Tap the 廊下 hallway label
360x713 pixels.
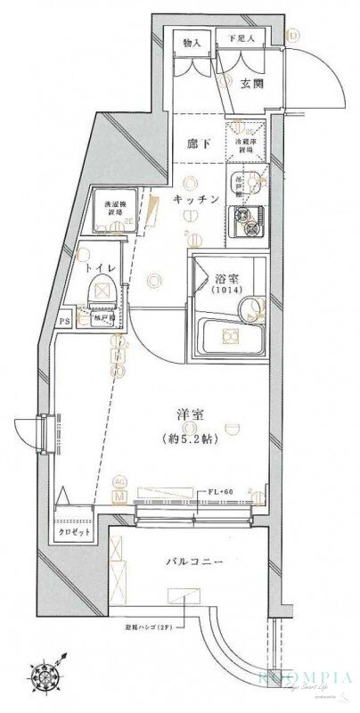pyautogui.click(x=196, y=143)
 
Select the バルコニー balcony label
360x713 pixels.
pyautogui.click(x=192, y=562)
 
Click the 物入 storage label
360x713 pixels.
pyautogui.click(x=191, y=42)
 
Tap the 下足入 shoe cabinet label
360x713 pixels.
pyautogui.click(x=242, y=39)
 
